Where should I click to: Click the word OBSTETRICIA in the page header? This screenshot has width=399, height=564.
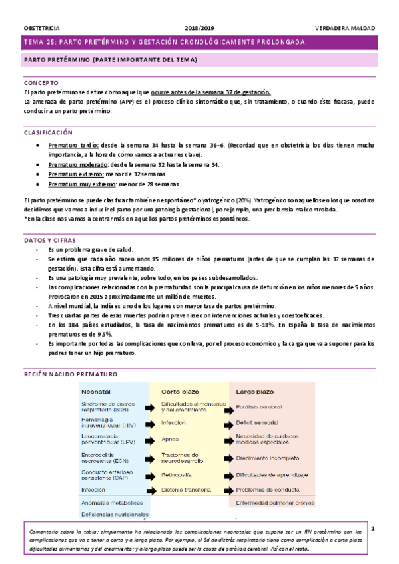click(41, 29)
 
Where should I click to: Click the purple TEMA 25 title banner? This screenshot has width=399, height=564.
click(199, 42)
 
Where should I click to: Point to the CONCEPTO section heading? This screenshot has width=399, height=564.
click(41, 83)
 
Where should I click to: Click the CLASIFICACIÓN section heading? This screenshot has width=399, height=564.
click(47, 133)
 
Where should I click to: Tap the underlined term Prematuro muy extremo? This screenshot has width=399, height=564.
click(83, 184)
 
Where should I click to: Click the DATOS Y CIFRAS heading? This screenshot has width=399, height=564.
click(50, 239)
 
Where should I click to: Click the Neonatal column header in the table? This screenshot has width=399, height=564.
click(96, 392)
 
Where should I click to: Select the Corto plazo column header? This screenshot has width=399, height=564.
click(179, 392)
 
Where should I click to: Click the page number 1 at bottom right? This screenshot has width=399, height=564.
click(374, 529)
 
